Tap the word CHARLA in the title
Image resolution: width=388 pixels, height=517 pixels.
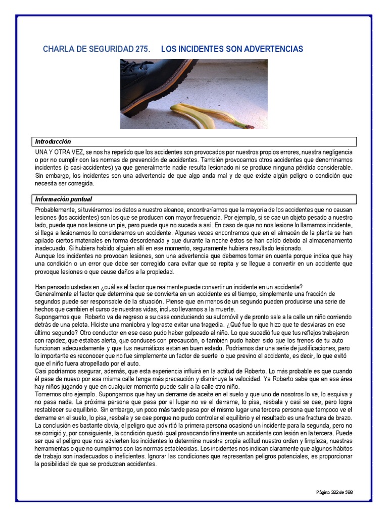point(57,49)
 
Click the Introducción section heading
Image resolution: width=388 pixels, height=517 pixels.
point(53,141)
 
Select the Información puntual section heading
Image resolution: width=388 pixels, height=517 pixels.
point(64,199)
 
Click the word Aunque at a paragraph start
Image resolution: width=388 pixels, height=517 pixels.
point(45,256)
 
